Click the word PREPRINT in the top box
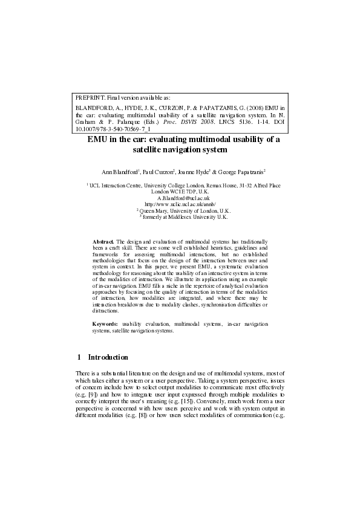(x=87, y=97)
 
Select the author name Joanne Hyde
(x=195, y=172)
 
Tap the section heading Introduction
(x=108, y=357)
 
